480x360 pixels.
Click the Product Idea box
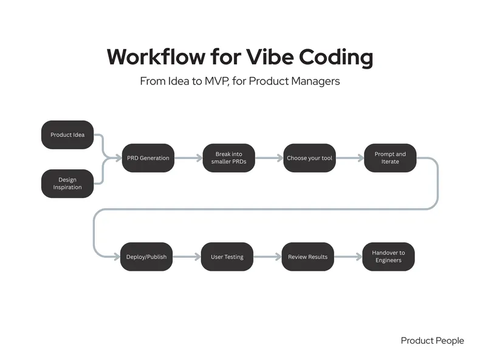(x=67, y=134)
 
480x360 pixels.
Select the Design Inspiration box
(x=67, y=183)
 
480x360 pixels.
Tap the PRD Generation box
(x=148, y=158)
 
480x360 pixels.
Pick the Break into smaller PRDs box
(x=228, y=158)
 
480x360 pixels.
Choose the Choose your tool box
(x=309, y=158)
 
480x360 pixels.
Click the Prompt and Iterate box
(x=390, y=158)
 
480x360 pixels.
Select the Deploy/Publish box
(x=146, y=257)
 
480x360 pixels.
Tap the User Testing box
(x=227, y=257)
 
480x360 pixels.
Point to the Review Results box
(x=307, y=257)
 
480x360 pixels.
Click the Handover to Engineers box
(x=389, y=257)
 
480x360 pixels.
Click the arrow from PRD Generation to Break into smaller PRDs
(x=188, y=158)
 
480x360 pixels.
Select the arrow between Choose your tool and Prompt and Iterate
(x=349, y=158)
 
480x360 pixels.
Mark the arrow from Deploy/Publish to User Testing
(x=187, y=257)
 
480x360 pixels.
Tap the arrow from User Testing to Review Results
(x=267, y=257)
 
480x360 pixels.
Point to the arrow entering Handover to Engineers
(x=348, y=257)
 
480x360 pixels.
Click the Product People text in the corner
(x=432, y=341)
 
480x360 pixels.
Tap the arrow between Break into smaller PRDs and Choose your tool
(x=269, y=158)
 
